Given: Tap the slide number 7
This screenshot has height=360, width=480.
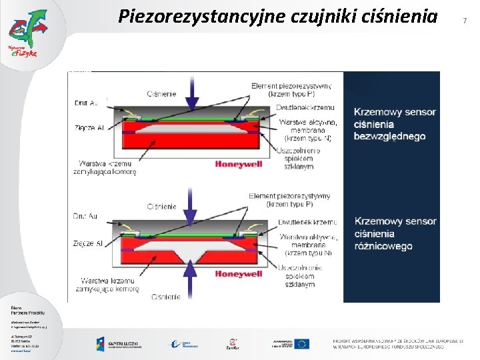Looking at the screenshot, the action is tap(465, 21).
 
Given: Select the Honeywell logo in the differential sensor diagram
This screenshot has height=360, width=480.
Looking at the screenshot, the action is tap(238, 273).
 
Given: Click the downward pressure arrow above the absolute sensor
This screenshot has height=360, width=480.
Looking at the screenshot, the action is tap(192, 94).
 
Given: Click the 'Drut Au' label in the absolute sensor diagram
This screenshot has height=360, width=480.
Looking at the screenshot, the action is tap(85, 103).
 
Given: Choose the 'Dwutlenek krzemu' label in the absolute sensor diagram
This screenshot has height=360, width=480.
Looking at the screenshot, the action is tap(307, 108).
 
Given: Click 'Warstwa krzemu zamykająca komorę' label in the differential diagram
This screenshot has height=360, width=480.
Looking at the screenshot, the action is tap(107, 285).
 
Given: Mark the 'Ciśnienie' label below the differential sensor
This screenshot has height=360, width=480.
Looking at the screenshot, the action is tap(165, 297).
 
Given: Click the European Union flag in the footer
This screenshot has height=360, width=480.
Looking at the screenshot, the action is tap(302, 343).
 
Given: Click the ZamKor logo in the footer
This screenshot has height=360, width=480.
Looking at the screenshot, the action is tap(233, 344).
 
